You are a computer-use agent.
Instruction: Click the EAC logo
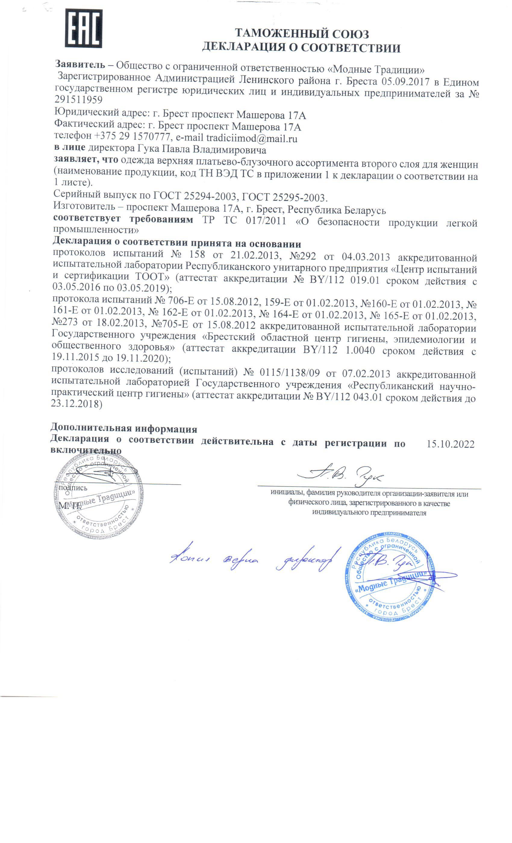pos(84,28)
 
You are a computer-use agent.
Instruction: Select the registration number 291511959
pos(78,99)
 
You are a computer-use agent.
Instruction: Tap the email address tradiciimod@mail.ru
pos(251,138)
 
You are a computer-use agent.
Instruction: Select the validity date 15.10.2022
pos(450,444)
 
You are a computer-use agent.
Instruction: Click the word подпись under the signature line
pos(73,488)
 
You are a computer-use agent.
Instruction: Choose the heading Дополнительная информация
pos(123,428)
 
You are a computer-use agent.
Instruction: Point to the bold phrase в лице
pos(70,148)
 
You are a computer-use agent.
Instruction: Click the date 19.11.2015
pos(76,358)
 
